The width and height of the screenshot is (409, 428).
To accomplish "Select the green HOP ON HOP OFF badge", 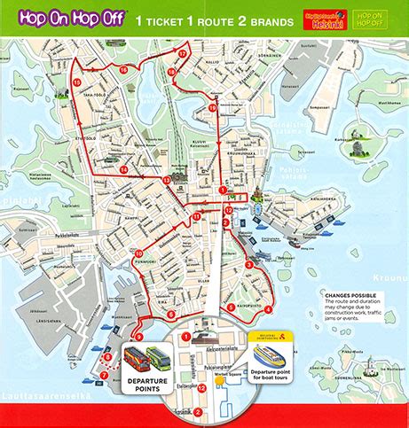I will pyautogui.click(x=370, y=18).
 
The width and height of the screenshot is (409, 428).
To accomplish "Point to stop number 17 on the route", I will pyautogui.click(x=182, y=53).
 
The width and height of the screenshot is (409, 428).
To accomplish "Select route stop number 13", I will pyautogui.click(x=167, y=180).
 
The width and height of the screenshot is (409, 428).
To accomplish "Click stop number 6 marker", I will pyautogui.click(x=170, y=314).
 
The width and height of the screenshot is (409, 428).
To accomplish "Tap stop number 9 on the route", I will pyautogui.click(x=138, y=337).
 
